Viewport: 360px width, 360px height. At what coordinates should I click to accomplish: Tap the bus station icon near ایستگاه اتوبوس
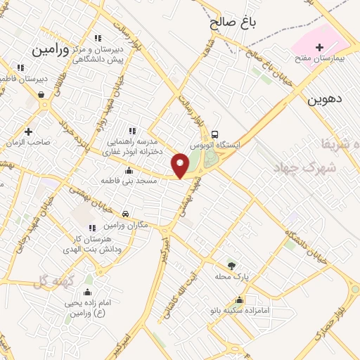tap(214, 134)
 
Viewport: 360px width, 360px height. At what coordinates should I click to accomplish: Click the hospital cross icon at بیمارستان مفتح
tap(321, 46)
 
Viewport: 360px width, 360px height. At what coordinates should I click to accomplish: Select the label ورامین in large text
tap(53, 50)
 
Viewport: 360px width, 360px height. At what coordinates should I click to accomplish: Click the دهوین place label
tap(324, 100)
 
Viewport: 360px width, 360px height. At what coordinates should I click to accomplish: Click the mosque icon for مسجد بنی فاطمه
tap(128, 170)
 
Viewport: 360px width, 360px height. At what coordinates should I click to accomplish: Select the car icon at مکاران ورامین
tap(125, 214)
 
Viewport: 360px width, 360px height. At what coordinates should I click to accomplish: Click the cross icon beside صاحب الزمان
tap(28, 131)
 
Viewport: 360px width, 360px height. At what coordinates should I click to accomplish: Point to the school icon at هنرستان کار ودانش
tap(92, 227)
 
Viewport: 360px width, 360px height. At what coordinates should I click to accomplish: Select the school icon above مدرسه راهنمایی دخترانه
tap(131, 130)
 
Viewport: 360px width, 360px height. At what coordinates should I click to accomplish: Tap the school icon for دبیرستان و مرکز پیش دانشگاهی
tap(98, 38)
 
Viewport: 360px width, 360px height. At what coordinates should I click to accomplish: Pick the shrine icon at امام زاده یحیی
tap(89, 292)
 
